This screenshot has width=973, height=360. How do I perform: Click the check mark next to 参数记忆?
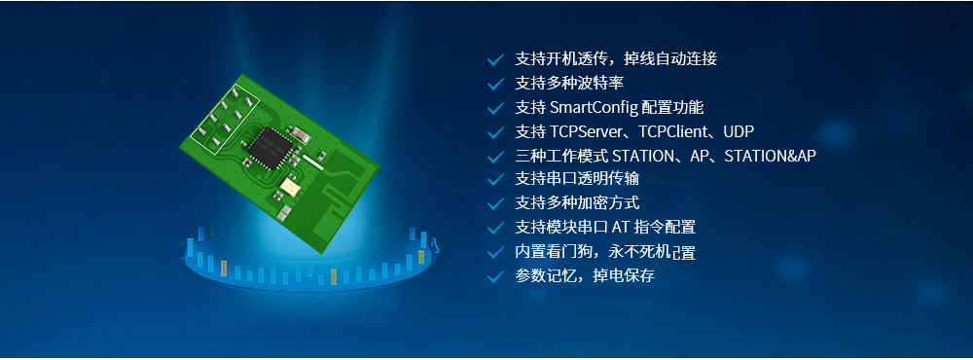tap(496, 276)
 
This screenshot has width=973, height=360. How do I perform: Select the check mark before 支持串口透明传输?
tap(496, 180)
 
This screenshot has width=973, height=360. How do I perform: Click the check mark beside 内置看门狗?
tap(496, 252)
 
